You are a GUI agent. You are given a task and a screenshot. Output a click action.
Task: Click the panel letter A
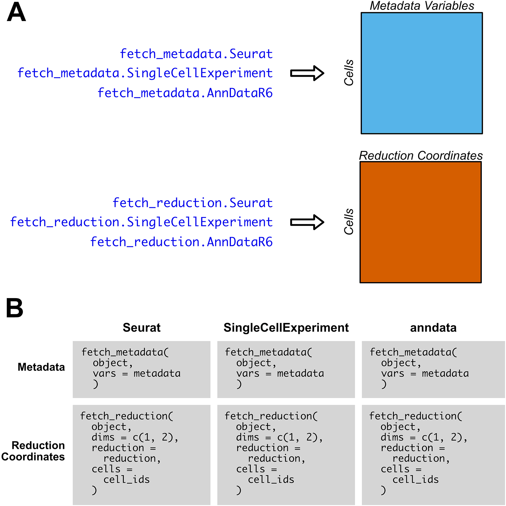(17, 12)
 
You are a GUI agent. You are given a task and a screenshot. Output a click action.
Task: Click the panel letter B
(15, 308)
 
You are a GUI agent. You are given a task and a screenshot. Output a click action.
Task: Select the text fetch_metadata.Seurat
(196, 54)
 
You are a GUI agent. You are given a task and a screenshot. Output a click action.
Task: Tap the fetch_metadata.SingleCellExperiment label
(145, 73)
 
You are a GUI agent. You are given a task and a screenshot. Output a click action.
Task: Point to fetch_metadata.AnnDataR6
(185, 93)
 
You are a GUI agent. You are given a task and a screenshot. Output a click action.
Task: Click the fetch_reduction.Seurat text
(192, 203)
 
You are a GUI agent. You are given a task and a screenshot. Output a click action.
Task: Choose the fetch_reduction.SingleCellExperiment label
(141, 222)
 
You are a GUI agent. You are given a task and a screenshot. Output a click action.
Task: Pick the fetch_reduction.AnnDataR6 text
(181, 242)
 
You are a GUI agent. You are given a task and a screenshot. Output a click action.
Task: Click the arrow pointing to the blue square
(307, 73)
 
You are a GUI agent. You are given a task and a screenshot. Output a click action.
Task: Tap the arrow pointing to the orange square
(307, 222)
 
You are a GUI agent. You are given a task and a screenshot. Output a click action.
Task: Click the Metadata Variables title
(422, 6)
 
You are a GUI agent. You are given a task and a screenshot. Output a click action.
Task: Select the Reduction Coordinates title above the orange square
(421, 156)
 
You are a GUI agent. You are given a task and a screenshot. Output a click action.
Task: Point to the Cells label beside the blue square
(349, 73)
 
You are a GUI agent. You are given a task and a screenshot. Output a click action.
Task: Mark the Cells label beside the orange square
(349, 222)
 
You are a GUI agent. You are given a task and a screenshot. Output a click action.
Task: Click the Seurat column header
(142, 328)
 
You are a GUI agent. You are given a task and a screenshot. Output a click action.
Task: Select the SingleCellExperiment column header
(286, 328)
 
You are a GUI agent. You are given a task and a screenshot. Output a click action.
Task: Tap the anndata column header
(433, 328)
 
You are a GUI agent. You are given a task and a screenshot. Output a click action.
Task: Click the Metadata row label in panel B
(41, 367)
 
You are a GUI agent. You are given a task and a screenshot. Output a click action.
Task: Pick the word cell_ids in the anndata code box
(415, 480)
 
